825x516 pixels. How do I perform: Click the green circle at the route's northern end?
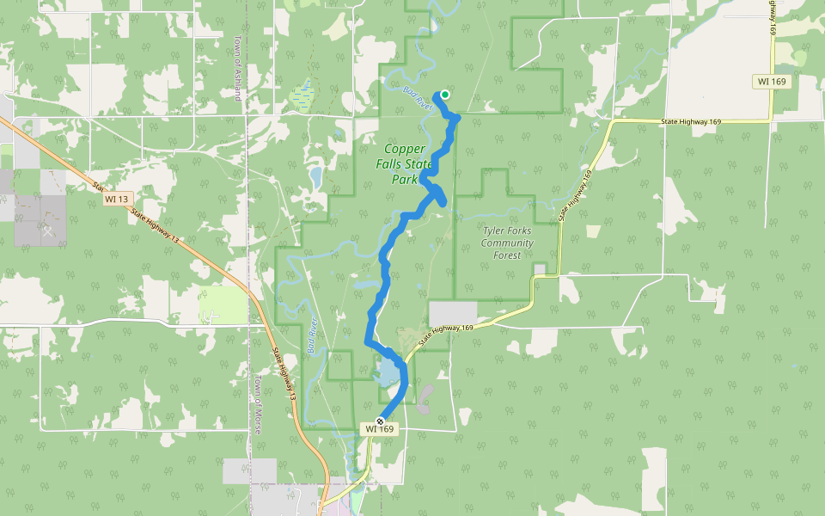pyautogui.click(x=445, y=95)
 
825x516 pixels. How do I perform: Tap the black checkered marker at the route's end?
pyautogui.click(x=380, y=421)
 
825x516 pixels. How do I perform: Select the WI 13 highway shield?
pyautogui.click(x=116, y=199)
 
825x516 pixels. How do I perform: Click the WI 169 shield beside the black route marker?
pyautogui.click(x=379, y=428)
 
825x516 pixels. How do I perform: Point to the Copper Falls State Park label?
pyautogui.click(x=401, y=163)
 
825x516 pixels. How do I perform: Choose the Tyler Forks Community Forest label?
pyautogui.click(x=507, y=243)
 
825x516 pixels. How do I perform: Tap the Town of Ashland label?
pyautogui.click(x=237, y=69)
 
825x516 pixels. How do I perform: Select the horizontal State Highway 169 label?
pyautogui.click(x=691, y=122)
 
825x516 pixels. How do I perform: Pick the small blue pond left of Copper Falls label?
pyautogui.click(x=315, y=178)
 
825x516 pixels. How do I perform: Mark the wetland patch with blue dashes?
pyautogui.click(x=302, y=96)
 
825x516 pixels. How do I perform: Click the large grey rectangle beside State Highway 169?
pyautogui.click(x=452, y=313)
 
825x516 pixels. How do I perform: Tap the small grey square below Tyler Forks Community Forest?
pyautogui.click(x=540, y=270)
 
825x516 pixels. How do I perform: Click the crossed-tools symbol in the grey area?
pyautogui.click(x=48, y=230)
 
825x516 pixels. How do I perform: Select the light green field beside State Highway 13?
pyautogui.click(x=223, y=304)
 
